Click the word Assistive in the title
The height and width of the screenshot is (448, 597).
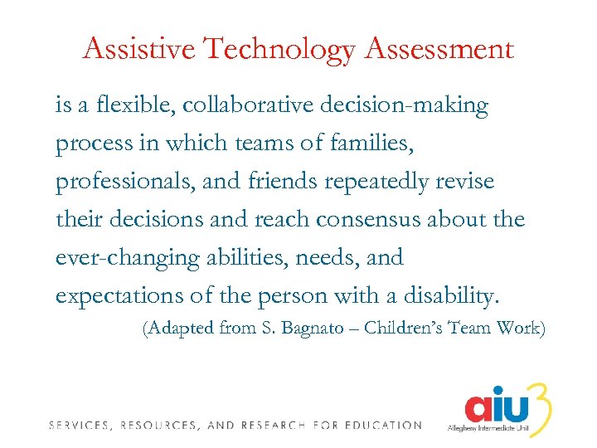tap(139, 49)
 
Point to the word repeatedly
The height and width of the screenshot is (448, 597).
tap(373, 183)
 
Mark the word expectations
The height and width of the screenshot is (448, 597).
tap(112, 296)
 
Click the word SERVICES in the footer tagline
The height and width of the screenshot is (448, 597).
tap(80, 426)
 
